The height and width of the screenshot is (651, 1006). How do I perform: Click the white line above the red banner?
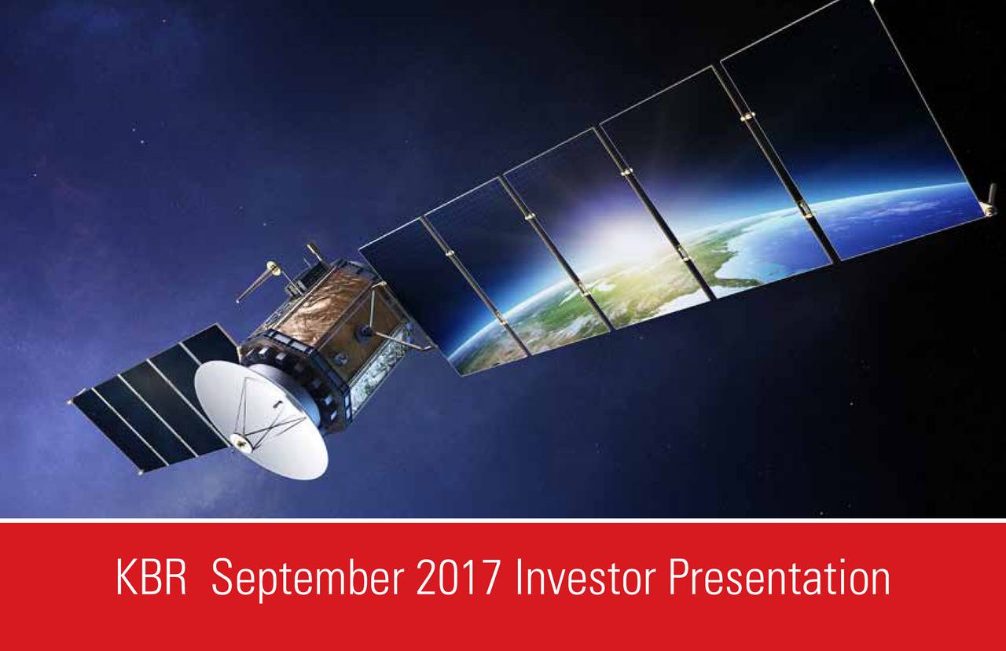coord(503,520)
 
